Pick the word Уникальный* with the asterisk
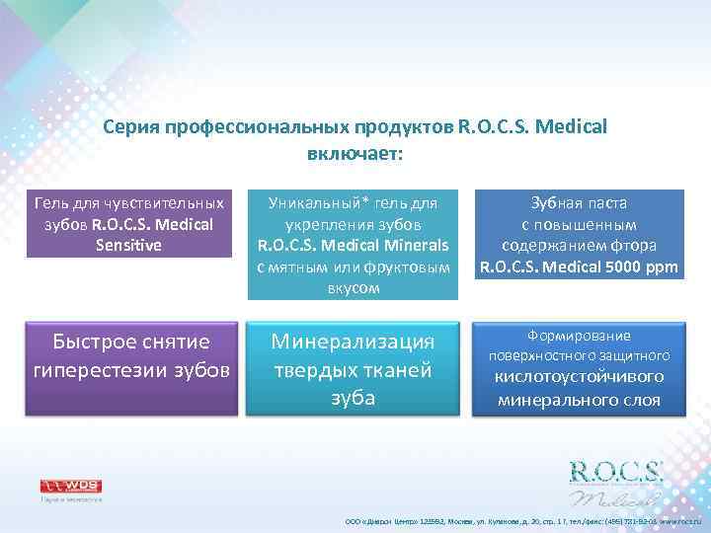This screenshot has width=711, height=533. [x=313, y=203]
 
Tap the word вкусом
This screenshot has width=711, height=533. [x=353, y=289]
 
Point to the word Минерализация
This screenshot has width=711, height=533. [x=353, y=342]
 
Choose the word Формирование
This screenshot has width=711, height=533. [x=578, y=336]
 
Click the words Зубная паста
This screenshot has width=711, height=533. [x=579, y=203]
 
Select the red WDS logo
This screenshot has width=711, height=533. [x=70, y=486]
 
